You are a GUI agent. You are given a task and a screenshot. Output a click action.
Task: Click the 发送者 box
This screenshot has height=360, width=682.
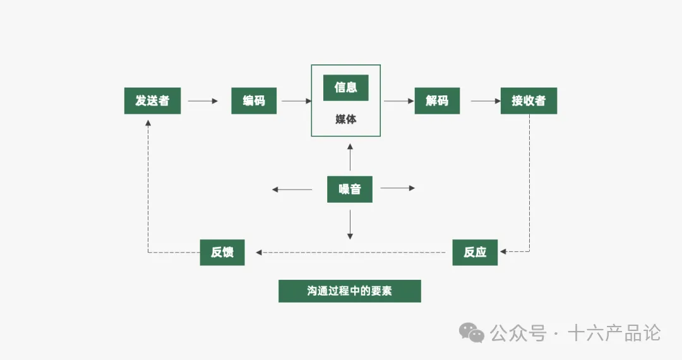[x=152, y=101]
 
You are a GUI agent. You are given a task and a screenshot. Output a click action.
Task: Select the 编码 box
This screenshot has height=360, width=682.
[x=254, y=101]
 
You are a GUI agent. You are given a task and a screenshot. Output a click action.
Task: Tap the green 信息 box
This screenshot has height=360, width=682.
[x=345, y=88]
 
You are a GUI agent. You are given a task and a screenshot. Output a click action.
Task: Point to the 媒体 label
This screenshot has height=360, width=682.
[x=345, y=119]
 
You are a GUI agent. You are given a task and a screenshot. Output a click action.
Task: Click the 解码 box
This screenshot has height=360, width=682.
[x=437, y=101]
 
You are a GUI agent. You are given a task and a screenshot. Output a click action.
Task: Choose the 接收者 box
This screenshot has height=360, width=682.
[x=529, y=101]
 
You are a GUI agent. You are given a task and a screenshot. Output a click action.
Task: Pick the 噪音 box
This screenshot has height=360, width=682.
[x=349, y=189]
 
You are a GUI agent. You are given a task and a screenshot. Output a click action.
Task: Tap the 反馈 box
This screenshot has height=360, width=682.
[x=222, y=253]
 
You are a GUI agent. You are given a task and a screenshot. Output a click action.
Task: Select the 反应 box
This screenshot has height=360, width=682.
[x=475, y=253]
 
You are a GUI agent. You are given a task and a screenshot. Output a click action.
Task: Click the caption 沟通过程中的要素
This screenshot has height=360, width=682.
[x=349, y=291]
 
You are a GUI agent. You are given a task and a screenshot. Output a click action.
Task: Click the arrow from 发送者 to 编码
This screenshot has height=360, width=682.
[x=203, y=101]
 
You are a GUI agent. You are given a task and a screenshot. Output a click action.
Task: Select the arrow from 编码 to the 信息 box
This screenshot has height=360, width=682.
[x=297, y=101]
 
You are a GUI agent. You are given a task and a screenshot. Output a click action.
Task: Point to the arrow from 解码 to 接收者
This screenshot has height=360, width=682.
[x=485, y=101]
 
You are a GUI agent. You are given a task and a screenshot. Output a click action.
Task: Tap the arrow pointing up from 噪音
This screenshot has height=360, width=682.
[x=350, y=158]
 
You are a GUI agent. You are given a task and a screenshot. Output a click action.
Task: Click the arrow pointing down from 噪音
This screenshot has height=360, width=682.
[x=350, y=224]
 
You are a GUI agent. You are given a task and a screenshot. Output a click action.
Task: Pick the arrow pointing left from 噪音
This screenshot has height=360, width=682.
[x=292, y=189]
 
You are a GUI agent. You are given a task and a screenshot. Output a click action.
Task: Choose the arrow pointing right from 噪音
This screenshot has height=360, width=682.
[x=398, y=188]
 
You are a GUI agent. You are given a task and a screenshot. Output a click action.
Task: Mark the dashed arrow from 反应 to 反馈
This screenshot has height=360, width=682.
[x=354, y=253]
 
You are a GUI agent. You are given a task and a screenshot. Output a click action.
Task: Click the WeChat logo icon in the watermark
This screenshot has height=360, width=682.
[x=472, y=333]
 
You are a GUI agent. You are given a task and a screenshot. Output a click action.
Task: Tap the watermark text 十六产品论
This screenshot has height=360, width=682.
[x=614, y=333]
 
